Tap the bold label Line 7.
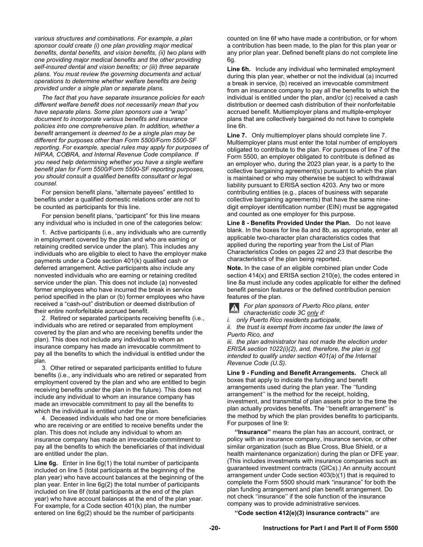[x=236, y=135]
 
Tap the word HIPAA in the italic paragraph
[x=44, y=154]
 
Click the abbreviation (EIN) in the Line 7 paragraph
[x=324, y=200]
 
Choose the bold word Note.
[x=235, y=268]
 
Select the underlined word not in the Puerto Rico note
[x=376, y=349]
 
